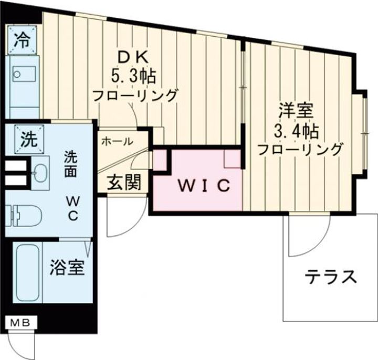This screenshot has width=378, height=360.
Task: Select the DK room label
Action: pos(133,57)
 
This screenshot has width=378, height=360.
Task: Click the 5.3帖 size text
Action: pos(133,77)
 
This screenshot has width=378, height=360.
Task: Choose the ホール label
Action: pos(116,141)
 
